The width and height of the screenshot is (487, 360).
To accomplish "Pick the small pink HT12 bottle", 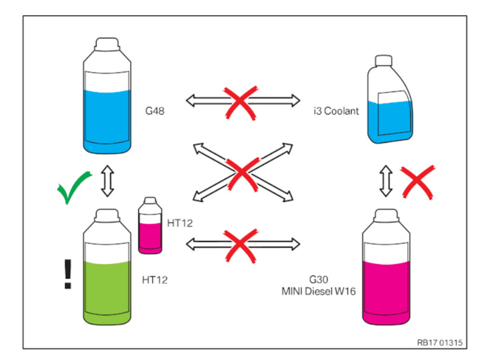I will [x=150, y=227].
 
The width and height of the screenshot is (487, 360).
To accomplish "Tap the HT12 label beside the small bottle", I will [x=180, y=223].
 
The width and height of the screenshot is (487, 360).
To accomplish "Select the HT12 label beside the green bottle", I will [x=155, y=280].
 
